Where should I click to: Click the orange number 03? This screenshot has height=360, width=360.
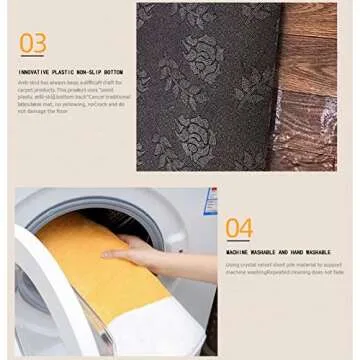pos(33,43)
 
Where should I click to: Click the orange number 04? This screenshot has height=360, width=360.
pos(238,228)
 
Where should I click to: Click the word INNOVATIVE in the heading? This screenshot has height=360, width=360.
pos(33,72)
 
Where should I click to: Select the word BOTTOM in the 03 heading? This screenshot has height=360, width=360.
pos(114,72)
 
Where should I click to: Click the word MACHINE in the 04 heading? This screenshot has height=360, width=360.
pos(238,253)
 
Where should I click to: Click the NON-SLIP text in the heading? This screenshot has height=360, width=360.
pos(88,72)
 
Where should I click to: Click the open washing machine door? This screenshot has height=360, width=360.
pos(40,300)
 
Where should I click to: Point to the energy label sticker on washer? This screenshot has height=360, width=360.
pos(210,200)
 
